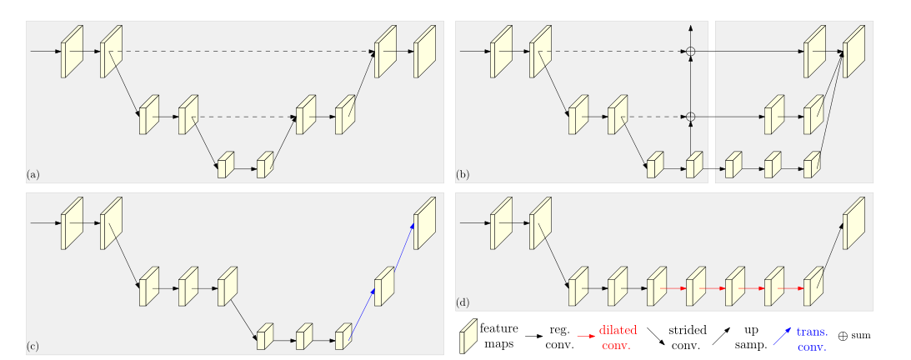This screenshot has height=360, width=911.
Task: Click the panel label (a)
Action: coord(33,174)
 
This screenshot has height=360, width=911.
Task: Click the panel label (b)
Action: coord(462,174)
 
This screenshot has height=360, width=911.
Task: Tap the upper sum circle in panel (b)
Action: coord(690,52)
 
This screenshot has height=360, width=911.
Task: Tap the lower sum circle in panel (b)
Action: coord(690,117)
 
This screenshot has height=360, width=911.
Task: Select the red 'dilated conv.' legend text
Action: coord(617,337)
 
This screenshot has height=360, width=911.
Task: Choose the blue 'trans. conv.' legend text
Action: coord(811,338)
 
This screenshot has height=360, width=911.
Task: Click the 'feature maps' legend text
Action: coord(498,337)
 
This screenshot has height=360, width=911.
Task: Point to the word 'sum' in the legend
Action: coord(861,335)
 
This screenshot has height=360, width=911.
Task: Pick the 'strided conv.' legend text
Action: coord(687,337)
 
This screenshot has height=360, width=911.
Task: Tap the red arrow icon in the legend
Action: coord(585,335)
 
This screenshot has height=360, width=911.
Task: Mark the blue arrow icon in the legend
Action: coord(782,335)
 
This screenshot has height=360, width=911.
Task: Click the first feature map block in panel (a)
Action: coord(72,52)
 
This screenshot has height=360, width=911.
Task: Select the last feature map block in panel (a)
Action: coord(425,52)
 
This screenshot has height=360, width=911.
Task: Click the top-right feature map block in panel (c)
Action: coord(425,223)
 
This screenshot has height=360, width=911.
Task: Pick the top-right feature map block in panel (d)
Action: coord(854,223)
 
